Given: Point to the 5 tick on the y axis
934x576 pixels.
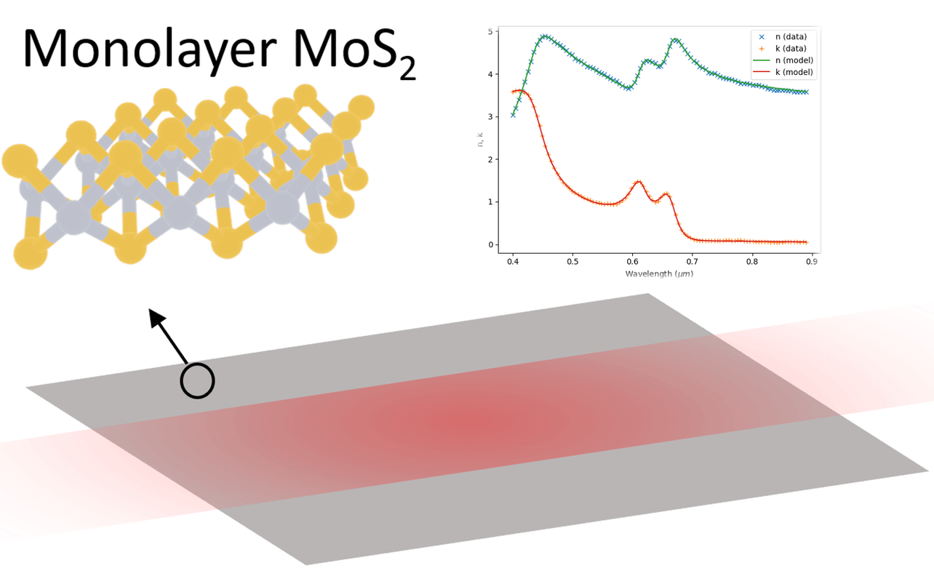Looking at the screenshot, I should (x=491, y=31).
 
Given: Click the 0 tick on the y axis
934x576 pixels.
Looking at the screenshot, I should (x=491, y=244).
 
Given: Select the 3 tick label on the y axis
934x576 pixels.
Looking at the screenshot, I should (x=491, y=116).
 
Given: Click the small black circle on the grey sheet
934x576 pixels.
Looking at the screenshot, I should (x=197, y=380).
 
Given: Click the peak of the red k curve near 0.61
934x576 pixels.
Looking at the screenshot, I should (x=638, y=182).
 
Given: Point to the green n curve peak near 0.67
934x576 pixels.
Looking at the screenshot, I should (x=674, y=39).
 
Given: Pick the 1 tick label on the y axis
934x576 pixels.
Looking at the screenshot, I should (x=491, y=201).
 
